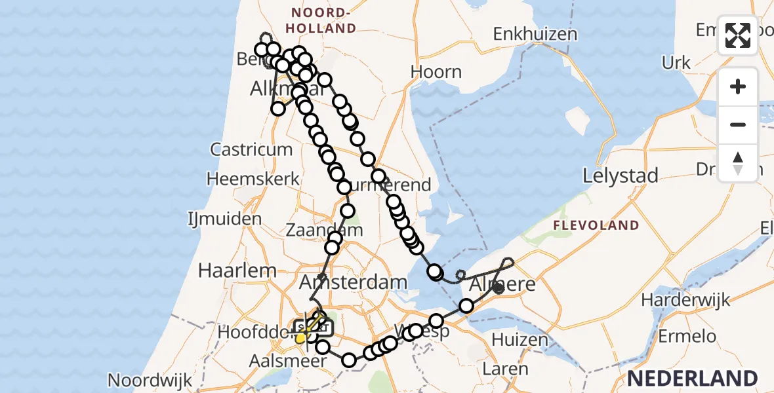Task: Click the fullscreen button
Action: click(738, 35)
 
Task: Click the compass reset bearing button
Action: click(738, 162)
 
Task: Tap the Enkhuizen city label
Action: click(535, 34)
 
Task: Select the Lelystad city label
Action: click(621, 176)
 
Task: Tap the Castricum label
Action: click(251, 149)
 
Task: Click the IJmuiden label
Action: click(224, 218)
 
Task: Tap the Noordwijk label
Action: click(150, 380)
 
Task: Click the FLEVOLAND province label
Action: click(596, 226)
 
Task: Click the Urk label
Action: click(676, 63)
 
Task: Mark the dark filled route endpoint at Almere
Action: click(499, 288)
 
